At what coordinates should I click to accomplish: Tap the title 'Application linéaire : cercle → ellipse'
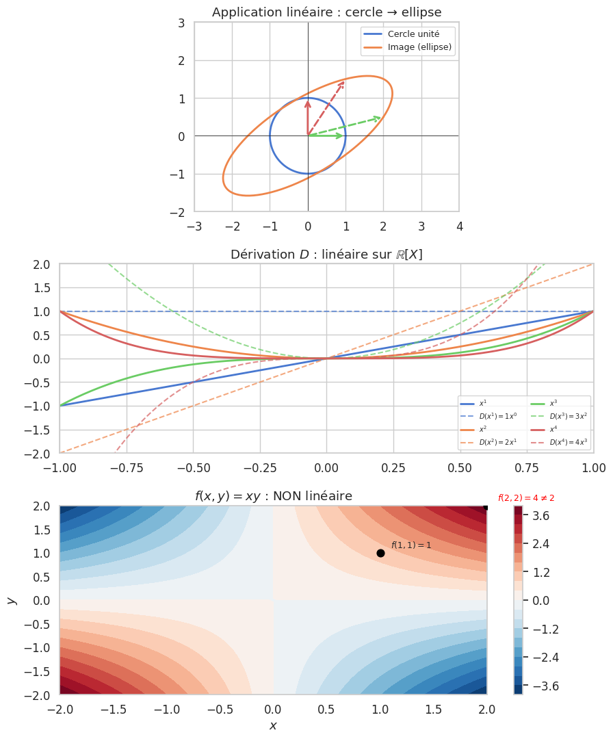(326, 12)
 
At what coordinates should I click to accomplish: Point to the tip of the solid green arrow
(344, 135)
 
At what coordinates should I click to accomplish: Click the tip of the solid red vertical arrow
(308, 100)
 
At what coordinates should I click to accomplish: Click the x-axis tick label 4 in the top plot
(459, 226)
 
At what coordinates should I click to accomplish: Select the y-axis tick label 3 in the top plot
(181, 23)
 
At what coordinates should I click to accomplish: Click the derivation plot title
(326, 255)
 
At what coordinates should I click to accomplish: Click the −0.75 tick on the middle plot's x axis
(127, 467)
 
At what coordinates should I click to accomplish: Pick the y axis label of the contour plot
(11, 600)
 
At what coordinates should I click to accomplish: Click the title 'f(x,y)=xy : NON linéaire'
(273, 496)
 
